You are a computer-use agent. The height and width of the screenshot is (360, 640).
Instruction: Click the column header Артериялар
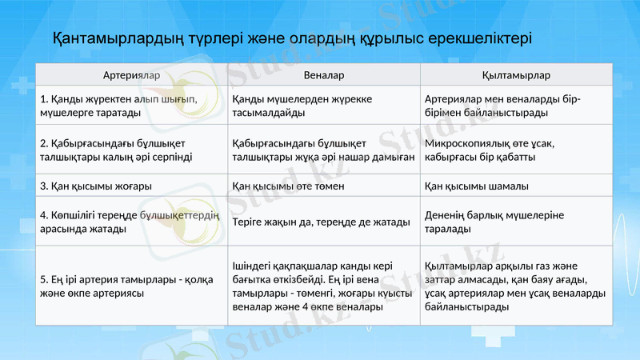131,75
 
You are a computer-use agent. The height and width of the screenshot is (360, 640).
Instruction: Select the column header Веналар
324,75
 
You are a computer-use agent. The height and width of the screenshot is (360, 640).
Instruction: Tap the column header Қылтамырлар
516,75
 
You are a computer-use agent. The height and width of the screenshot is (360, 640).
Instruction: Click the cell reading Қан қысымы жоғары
96,186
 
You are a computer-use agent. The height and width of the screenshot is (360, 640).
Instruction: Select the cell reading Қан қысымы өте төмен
288,186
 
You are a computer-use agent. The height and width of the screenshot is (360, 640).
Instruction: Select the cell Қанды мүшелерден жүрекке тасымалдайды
288,106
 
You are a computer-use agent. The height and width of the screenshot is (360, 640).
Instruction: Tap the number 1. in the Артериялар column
43,99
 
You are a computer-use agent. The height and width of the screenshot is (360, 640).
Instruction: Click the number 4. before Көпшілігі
43,215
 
